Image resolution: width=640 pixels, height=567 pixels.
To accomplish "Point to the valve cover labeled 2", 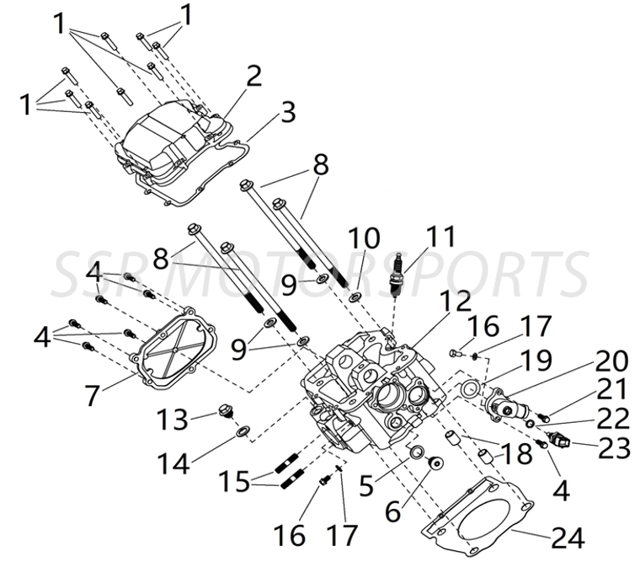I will [168, 139].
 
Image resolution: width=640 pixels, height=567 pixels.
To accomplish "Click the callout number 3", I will [288, 111].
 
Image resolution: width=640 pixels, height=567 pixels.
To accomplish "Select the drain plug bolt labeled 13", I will [224, 411].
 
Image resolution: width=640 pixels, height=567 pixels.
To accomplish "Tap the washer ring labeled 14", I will [242, 433].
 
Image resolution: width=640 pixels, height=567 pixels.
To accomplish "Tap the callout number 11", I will [439, 238].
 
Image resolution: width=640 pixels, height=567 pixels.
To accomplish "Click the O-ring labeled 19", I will [469, 388].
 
